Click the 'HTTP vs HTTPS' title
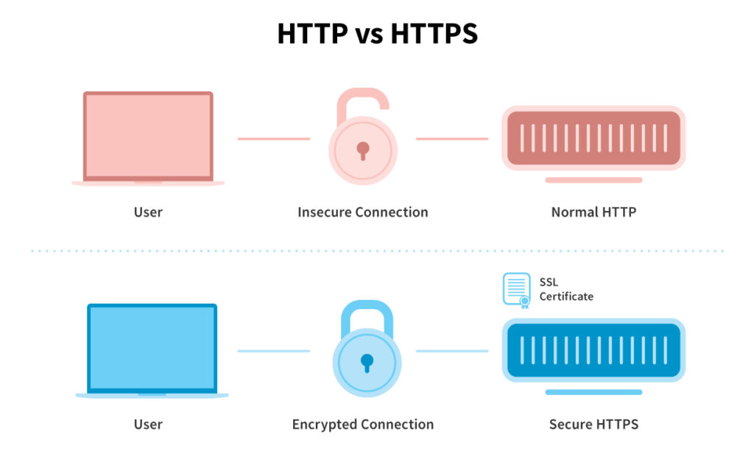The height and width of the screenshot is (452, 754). pyautogui.click(x=378, y=33)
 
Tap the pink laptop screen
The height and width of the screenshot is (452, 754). pyautogui.click(x=148, y=136)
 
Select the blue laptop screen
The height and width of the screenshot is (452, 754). pyautogui.click(x=152, y=348)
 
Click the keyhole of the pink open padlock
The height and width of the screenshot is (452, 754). pyautogui.click(x=363, y=150)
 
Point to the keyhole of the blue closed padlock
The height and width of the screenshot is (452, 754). pyautogui.click(x=367, y=363)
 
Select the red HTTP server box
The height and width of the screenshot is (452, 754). pyautogui.click(x=593, y=138)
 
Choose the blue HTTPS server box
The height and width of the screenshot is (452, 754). pyautogui.click(x=593, y=350)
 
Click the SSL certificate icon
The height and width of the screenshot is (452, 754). pyautogui.click(x=517, y=291)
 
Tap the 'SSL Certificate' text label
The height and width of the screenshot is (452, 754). pyautogui.click(x=566, y=289)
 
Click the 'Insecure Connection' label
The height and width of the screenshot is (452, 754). pyautogui.click(x=362, y=212)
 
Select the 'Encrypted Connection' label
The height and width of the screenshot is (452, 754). pyautogui.click(x=363, y=425)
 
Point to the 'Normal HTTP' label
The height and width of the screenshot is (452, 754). pyautogui.click(x=594, y=212)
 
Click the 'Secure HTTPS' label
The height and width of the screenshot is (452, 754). pyautogui.click(x=594, y=425)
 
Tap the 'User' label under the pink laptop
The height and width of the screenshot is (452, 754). pyautogui.click(x=148, y=212)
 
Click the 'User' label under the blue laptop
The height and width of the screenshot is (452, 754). pyautogui.click(x=148, y=425)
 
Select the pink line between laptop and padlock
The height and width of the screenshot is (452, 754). pyautogui.click(x=274, y=139)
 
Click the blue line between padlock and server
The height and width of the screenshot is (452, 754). pyautogui.click(x=452, y=351)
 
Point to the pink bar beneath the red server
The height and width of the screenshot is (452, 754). pyautogui.click(x=594, y=180)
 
